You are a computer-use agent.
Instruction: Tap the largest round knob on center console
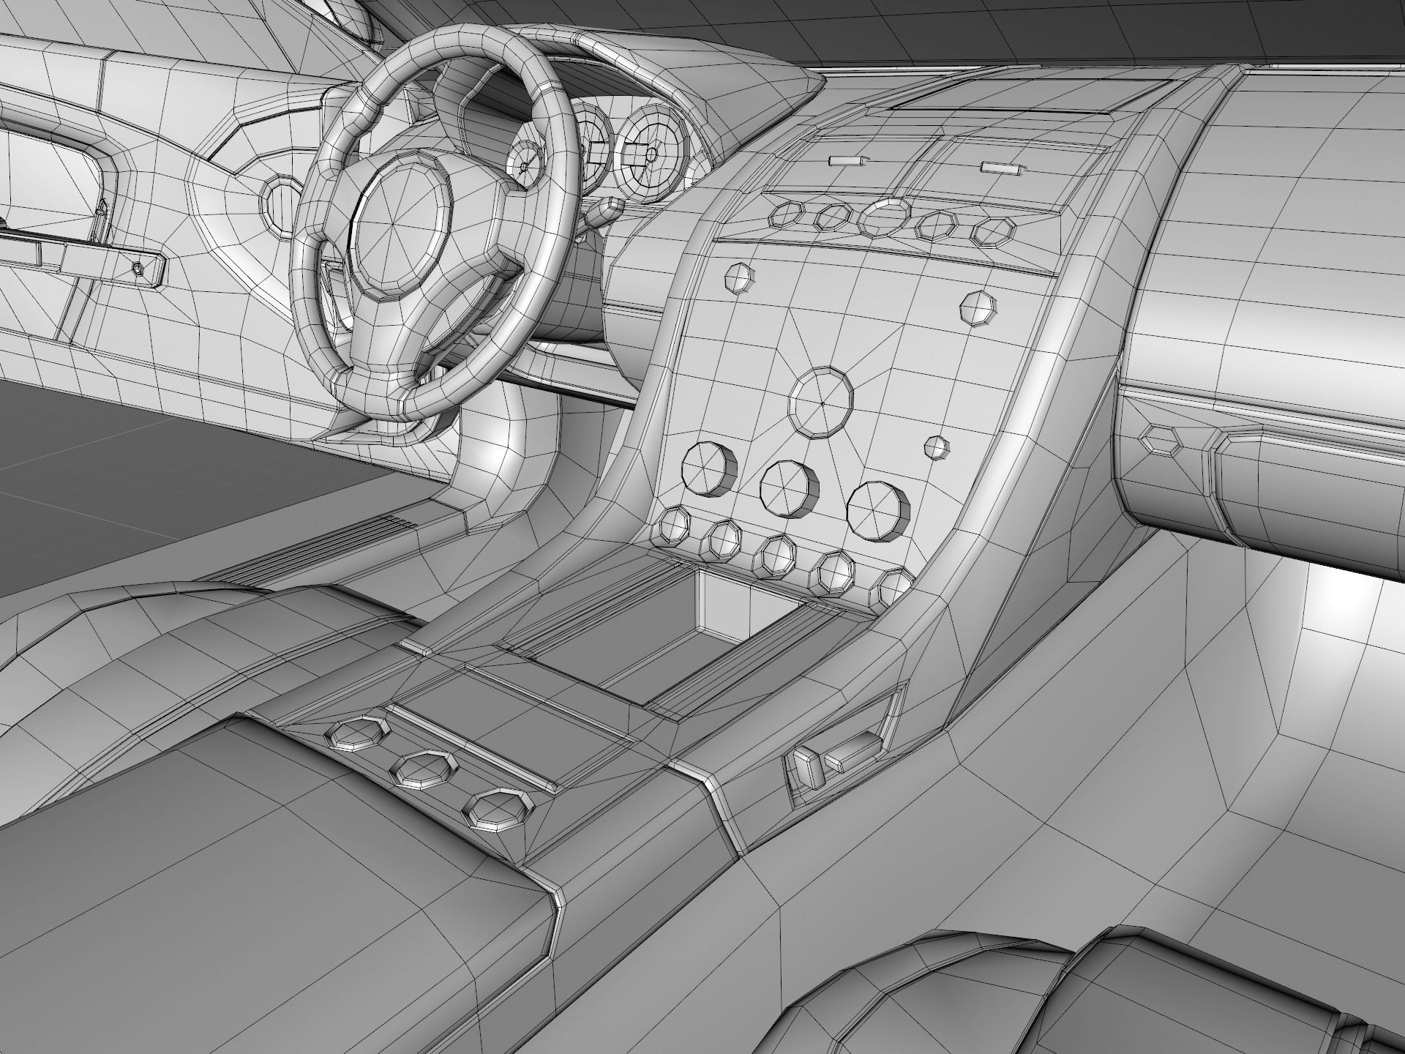(821, 404)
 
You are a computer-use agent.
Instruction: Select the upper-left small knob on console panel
(738, 278)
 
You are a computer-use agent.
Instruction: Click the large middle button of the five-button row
(885, 217)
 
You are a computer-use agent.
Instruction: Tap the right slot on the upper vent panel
(1000, 168)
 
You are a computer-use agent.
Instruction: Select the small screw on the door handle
(139, 269)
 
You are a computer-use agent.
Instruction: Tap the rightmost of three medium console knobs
(878, 509)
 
